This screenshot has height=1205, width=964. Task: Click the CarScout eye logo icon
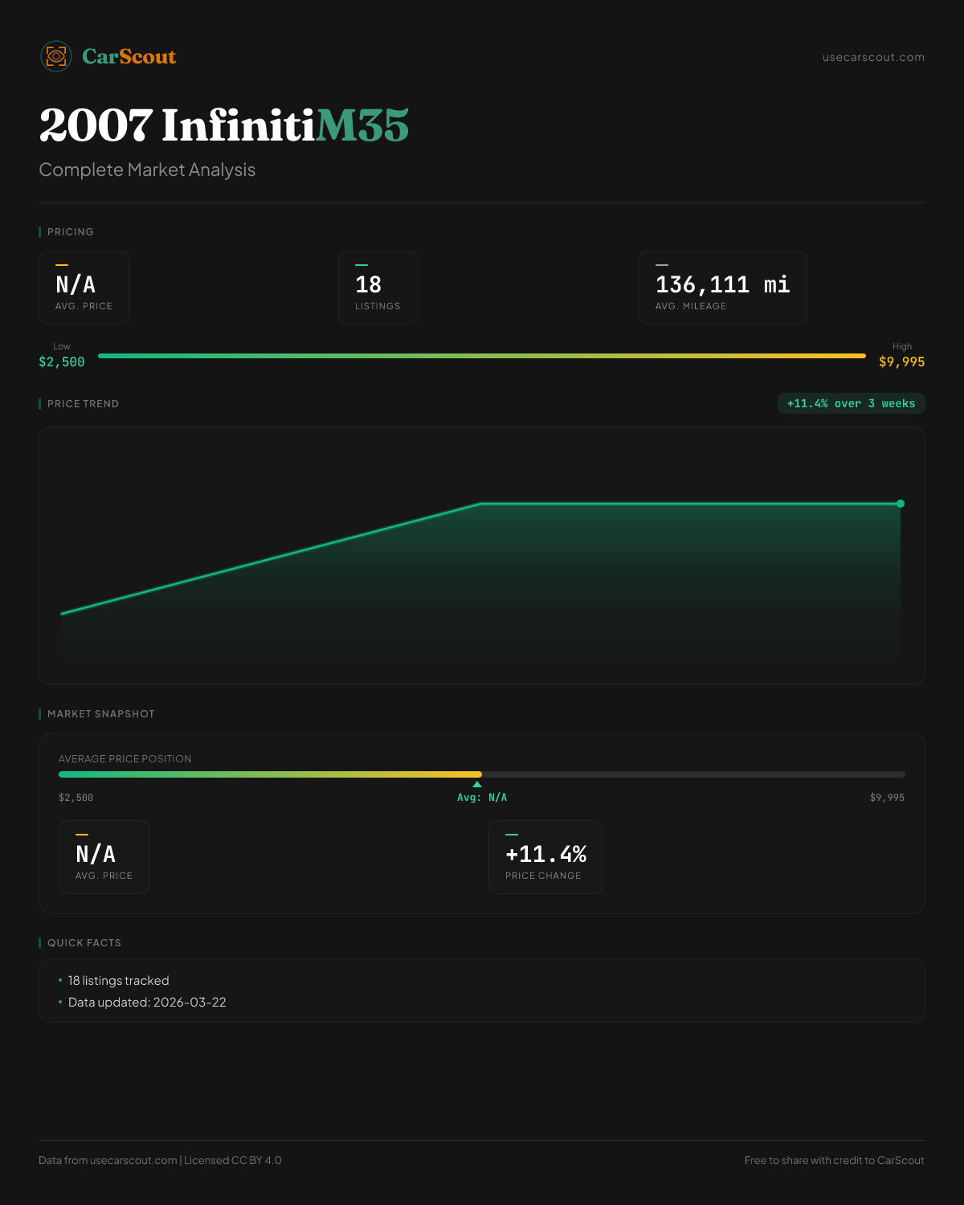tap(56, 56)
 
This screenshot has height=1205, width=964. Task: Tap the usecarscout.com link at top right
tap(873, 57)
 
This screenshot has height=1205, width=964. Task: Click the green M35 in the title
tap(362, 125)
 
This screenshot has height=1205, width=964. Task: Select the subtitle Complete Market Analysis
tap(147, 170)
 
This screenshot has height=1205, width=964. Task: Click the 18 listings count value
tap(368, 284)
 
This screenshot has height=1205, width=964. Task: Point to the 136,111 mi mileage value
tap(722, 284)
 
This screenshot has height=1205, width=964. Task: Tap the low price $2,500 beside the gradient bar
tap(62, 361)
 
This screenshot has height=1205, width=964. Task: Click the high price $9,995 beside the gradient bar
tap(901, 361)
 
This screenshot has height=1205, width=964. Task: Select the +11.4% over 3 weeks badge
tap(851, 403)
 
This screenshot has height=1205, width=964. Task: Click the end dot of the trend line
tap(901, 504)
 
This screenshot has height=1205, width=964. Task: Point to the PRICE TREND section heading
tap(83, 404)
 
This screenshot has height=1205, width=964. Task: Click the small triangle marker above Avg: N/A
tap(477, 784)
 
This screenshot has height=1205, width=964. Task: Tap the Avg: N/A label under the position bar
tap(482, 798)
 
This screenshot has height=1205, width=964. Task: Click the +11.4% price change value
tap(545, 854)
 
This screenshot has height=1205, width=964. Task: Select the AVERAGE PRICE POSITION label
tap(125, 759)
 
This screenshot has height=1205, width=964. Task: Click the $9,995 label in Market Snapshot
tap(887, 798)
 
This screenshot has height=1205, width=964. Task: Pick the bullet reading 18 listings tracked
tap(118, 981)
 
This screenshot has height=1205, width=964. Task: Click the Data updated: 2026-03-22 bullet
tap(147, 1003)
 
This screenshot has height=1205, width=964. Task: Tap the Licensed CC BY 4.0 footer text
tap(233, 1160)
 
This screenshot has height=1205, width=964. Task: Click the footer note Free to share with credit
tap(834, 1160)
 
